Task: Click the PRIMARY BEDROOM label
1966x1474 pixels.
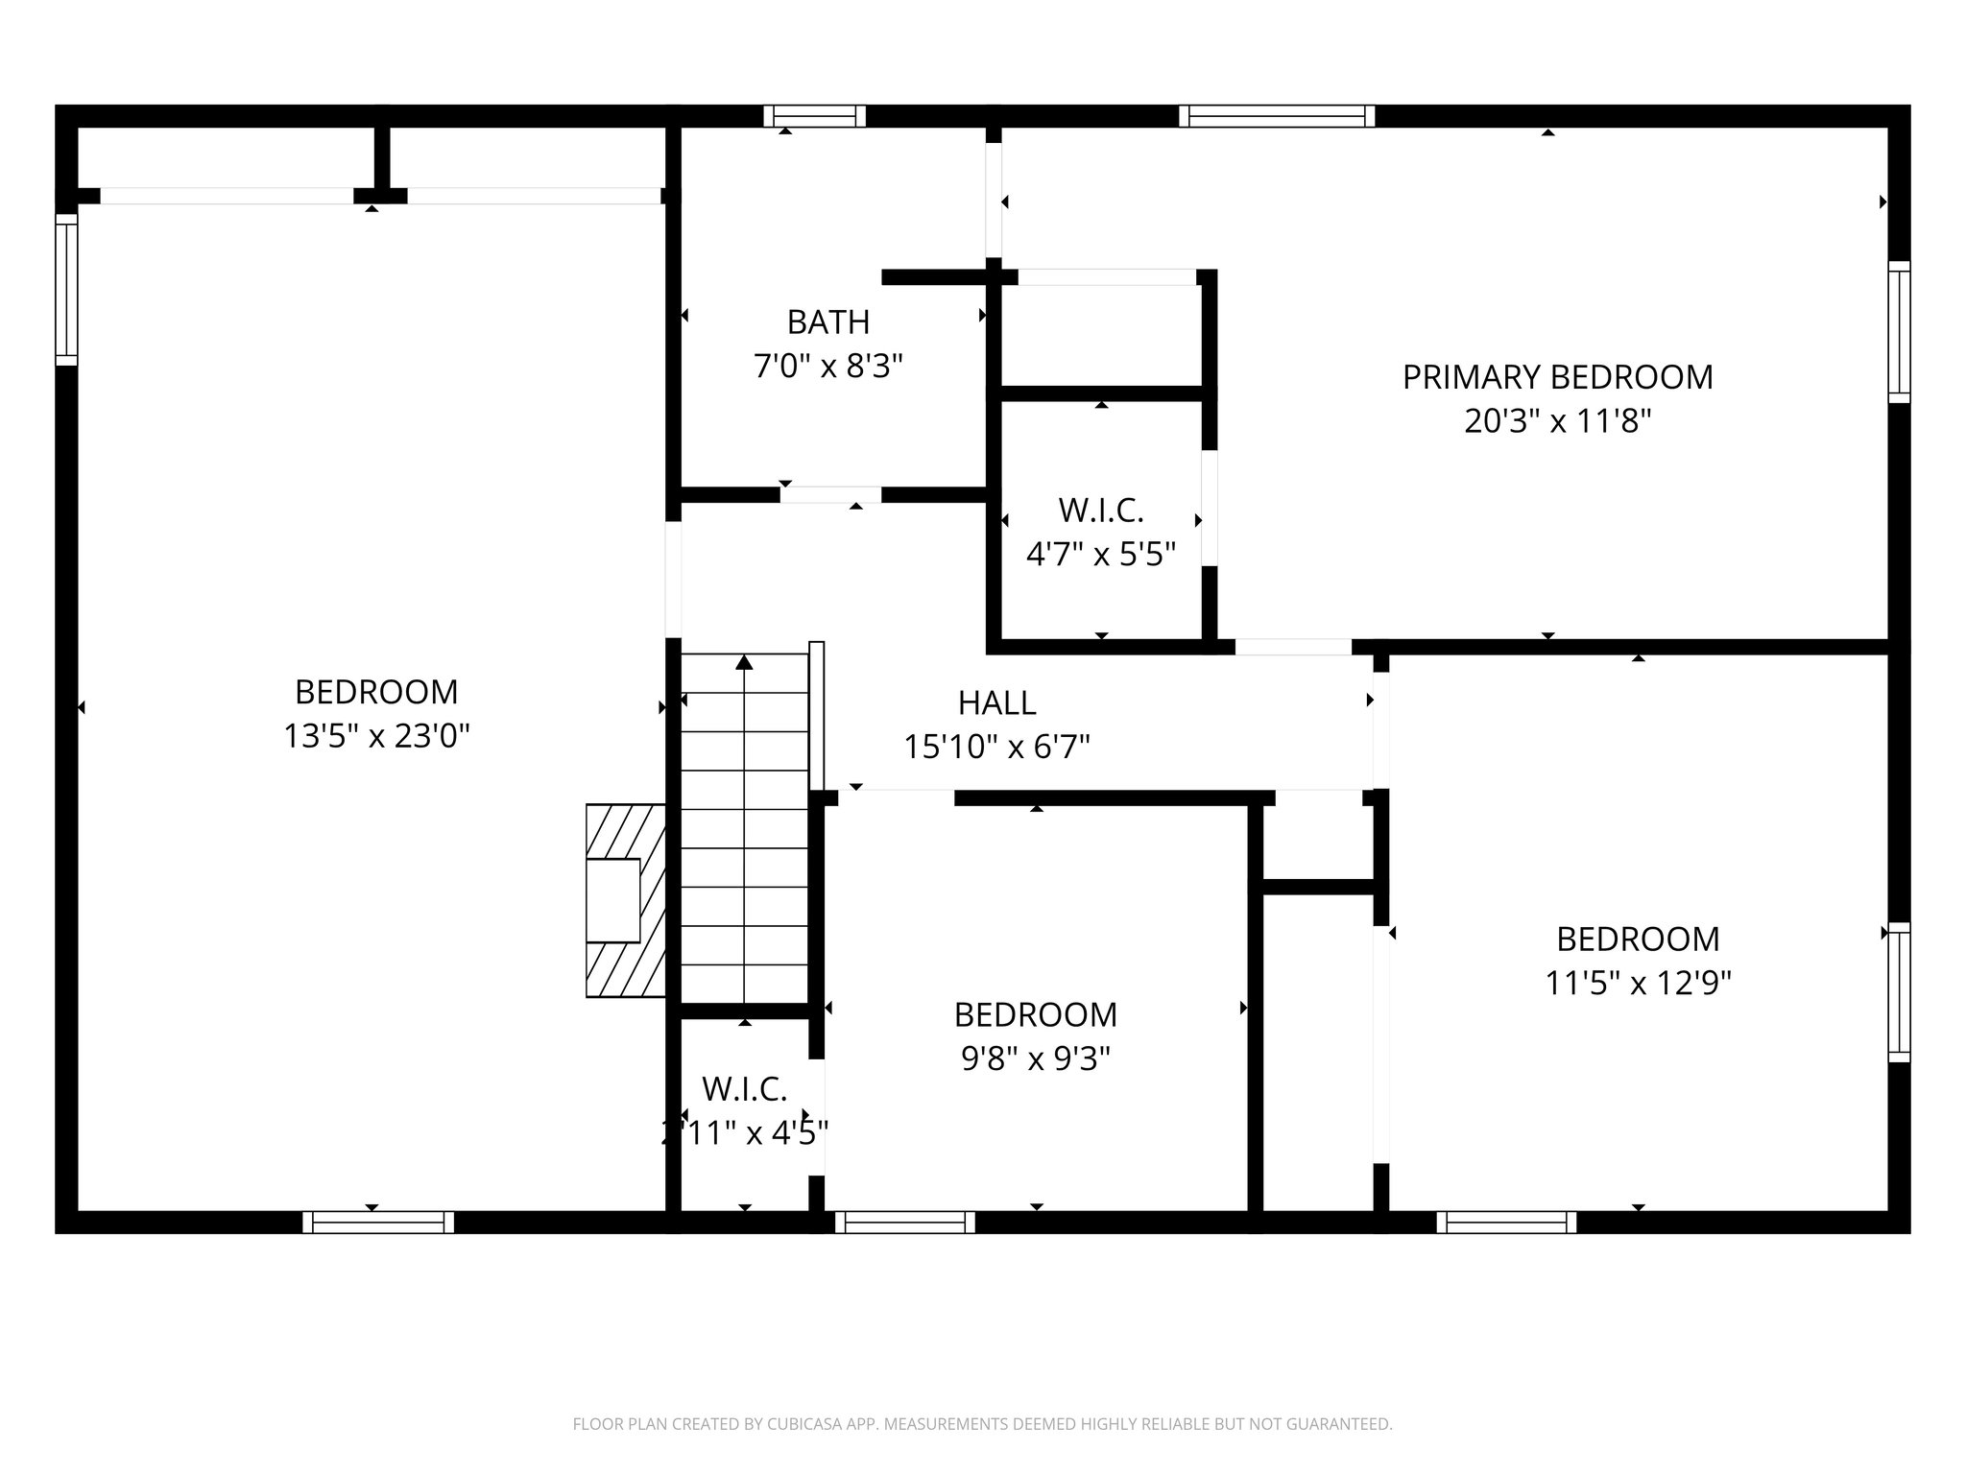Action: coord(1557,377)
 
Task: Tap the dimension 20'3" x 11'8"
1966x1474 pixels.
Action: coord(1557,421)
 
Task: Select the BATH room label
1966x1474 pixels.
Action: coord(828,322)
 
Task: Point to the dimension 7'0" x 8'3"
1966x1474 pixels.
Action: coord(828,367)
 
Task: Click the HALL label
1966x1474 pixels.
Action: coord(996,703)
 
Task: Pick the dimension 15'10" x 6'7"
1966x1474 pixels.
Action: coord(996,747)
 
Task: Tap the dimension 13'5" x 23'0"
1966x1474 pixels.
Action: coord(376,736)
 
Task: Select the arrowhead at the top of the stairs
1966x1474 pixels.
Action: coord(744,661)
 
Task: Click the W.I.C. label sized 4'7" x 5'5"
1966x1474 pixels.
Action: coord(1100,511)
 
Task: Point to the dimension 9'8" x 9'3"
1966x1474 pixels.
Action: coord(1035,1058)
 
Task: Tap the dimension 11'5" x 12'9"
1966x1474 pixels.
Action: coord(1638,983)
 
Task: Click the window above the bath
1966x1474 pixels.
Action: coord(814,117)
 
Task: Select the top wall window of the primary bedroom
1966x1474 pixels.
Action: coord(1276,117)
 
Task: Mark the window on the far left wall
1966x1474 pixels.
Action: coord(66,289)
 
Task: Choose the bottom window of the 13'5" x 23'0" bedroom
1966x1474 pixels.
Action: coord(378,1222)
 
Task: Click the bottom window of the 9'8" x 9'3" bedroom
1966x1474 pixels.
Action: coord(904,1222)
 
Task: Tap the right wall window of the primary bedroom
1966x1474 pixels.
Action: coord(1899,331)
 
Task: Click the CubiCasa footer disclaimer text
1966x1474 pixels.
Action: coord(982,1424)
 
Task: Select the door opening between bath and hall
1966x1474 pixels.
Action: coord(830,495)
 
